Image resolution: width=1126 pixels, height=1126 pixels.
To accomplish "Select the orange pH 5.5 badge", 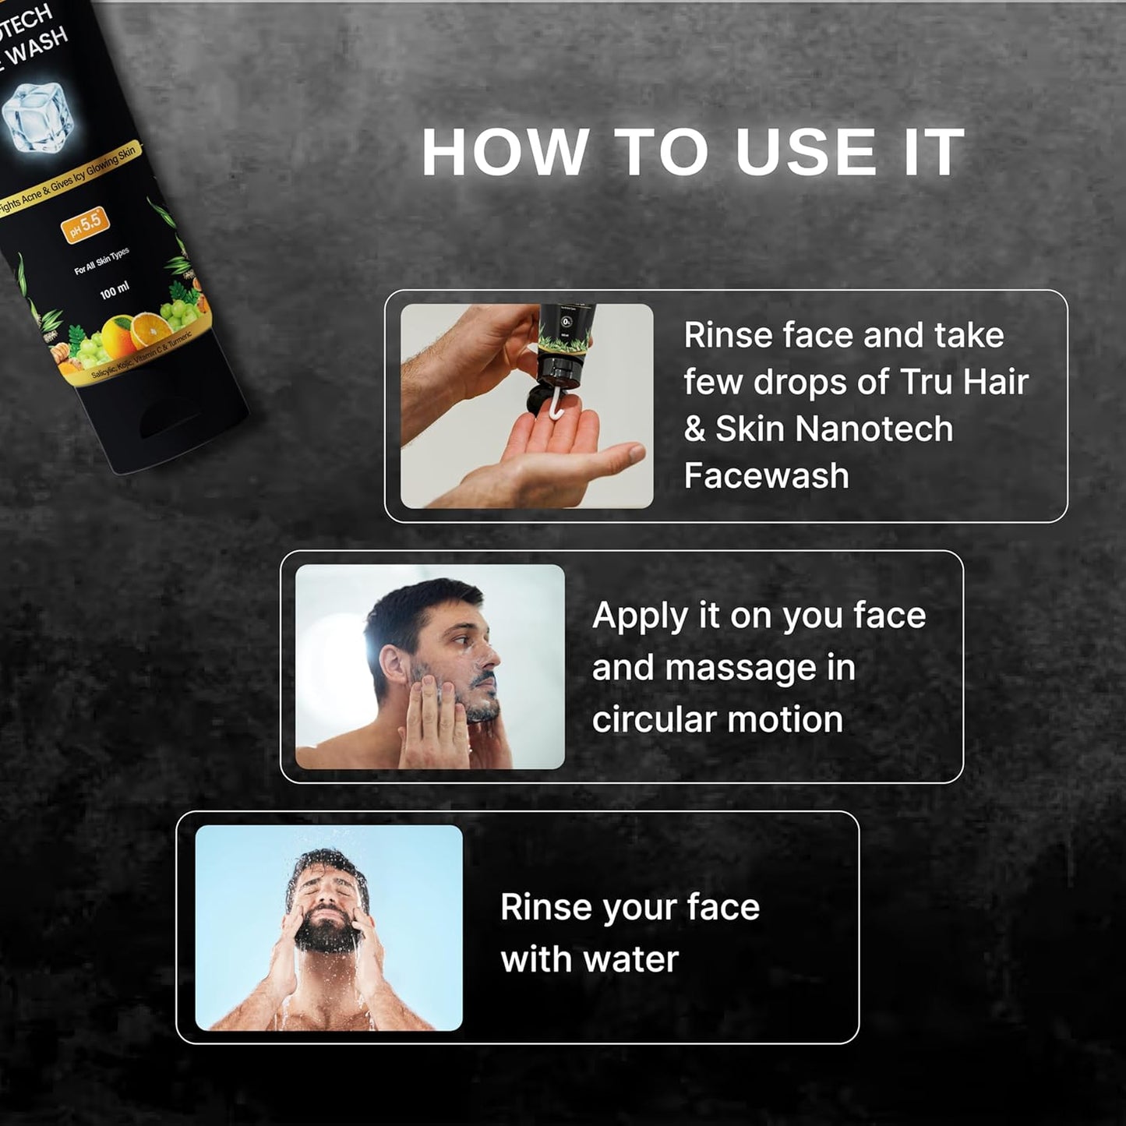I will tap(86, 224).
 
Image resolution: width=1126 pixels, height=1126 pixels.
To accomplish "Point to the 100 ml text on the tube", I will tap(115, 291).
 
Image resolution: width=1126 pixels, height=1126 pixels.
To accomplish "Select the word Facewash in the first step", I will tap(766, 476).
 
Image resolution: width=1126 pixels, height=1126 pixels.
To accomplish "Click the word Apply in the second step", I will tap(640, 616).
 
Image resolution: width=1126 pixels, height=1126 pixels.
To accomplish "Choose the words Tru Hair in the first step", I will tap(964, 383).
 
